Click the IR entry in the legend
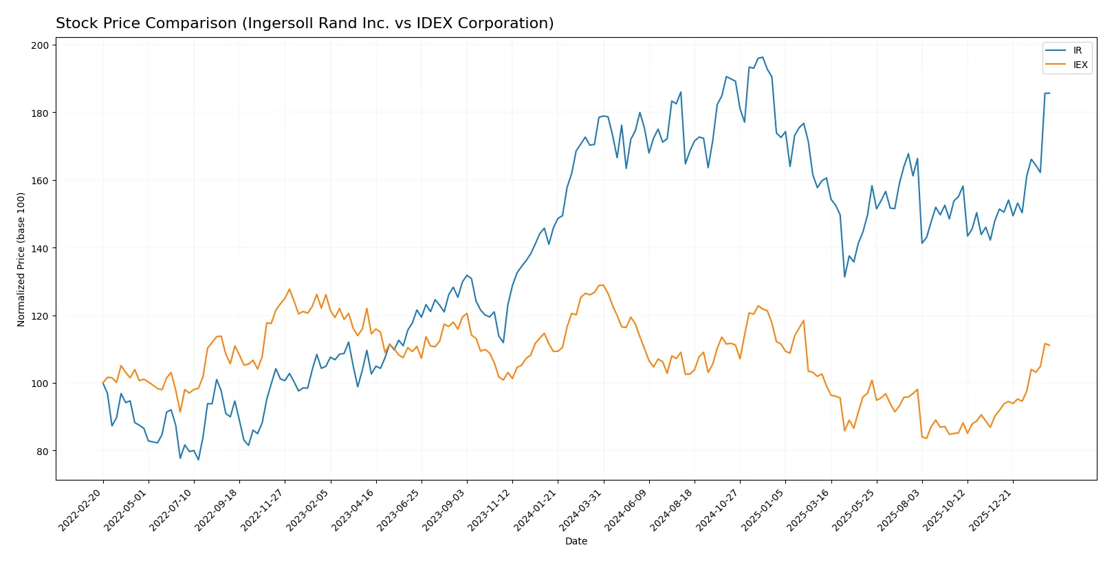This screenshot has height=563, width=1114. coord(1077,50)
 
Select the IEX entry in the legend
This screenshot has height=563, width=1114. coord(1080,65)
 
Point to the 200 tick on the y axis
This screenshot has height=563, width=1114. coord(40,45)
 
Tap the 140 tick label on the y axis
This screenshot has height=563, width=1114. coord(40,248)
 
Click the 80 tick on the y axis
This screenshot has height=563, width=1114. coord(43,452)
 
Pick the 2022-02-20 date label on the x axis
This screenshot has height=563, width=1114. coord(81,510)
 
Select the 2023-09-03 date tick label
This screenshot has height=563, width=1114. coord(445,510)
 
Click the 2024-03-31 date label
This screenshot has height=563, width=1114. coord(581,510)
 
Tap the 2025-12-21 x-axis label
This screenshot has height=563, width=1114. coord(991,510)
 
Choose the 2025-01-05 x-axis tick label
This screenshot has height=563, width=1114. coord(763,510)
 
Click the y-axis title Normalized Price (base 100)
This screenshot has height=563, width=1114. coord(21,259)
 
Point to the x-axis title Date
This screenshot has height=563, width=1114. coord(576,542)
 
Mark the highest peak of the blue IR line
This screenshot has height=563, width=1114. coord(762,57)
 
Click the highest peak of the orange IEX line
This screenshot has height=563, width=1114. coord(602,285)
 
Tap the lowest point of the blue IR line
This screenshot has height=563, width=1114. coord(198,460)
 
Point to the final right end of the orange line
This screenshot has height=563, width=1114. coord(1049,345)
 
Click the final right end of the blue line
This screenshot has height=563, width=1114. coord(1049,93)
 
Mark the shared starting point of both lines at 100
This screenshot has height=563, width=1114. coord(103,383)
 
